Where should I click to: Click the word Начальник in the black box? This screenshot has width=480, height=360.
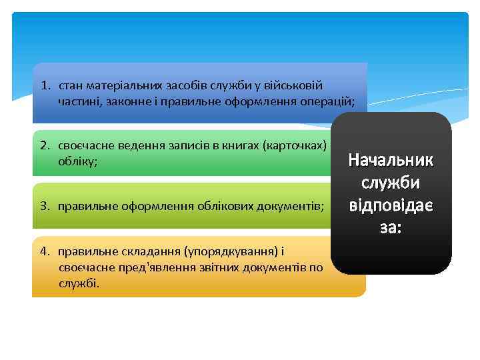click(391, 161)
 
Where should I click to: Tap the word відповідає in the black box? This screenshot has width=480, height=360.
click(391, 205)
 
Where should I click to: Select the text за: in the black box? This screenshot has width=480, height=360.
click(391, 227)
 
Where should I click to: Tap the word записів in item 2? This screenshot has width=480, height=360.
click(189, 145)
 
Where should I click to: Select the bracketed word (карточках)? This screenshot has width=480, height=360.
click(294, 145)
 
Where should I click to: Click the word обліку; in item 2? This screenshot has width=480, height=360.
click(77, 161)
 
